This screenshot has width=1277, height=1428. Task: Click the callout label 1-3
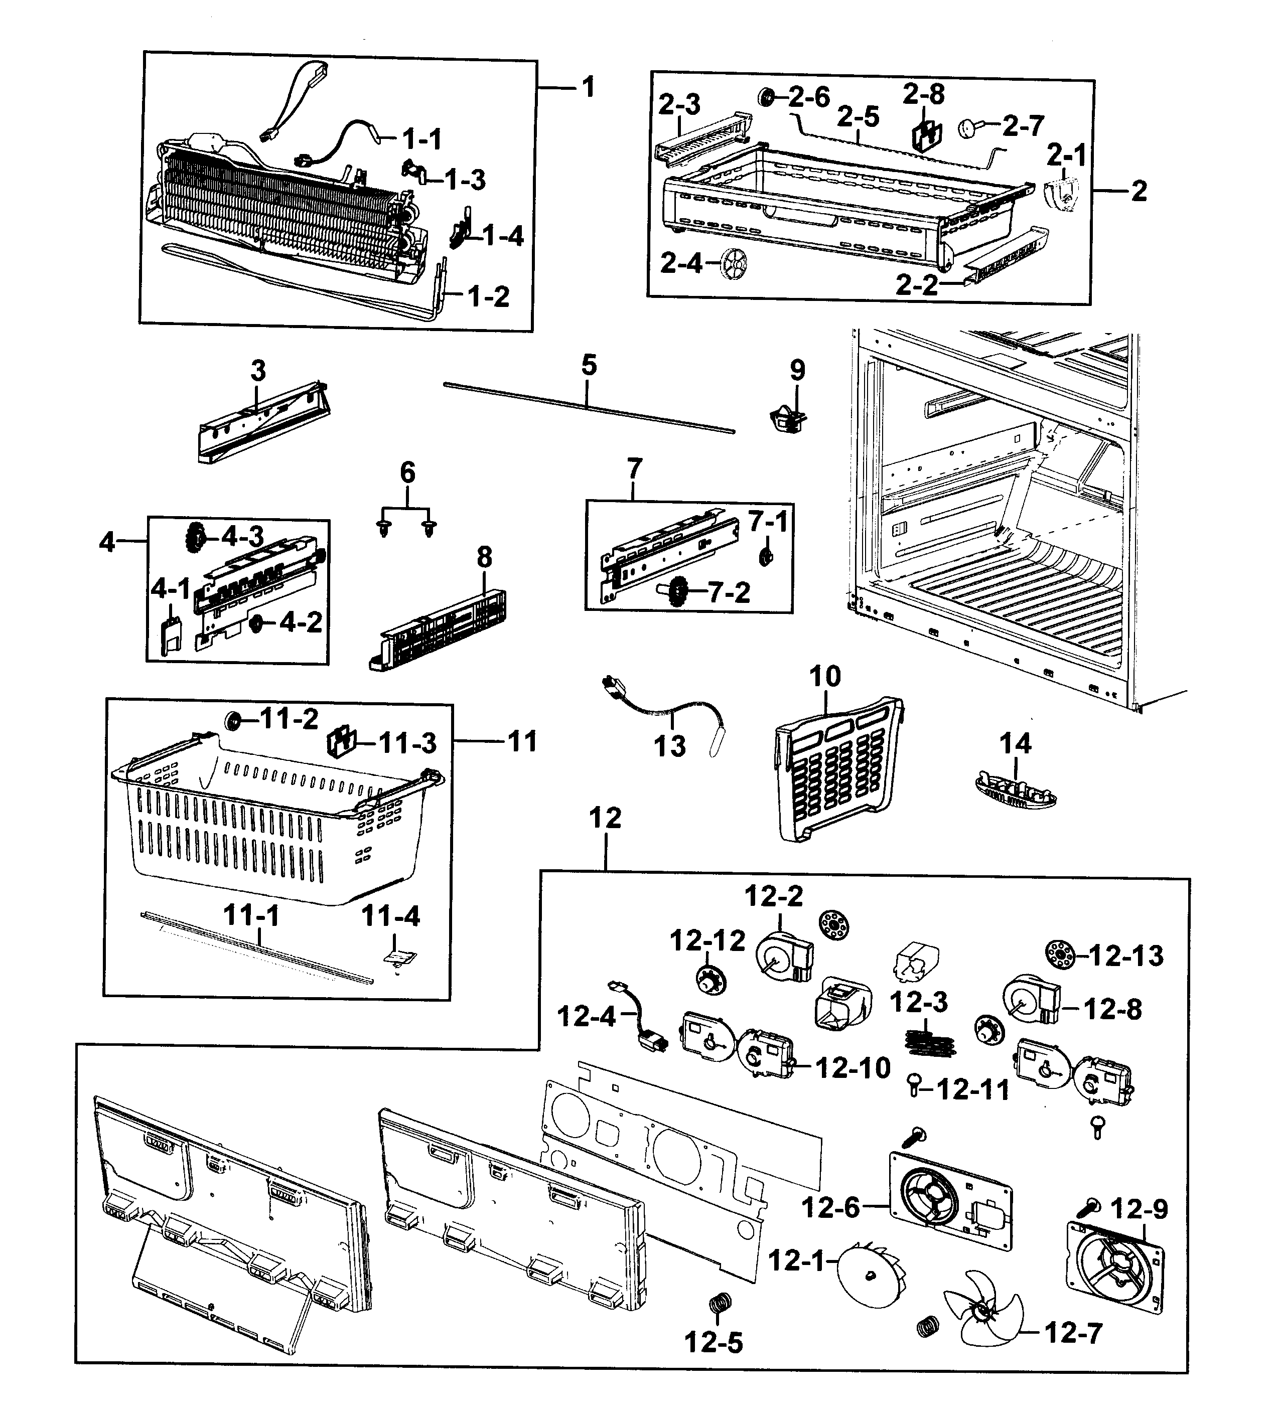point(465,180)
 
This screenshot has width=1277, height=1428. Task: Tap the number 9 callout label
point(797,370)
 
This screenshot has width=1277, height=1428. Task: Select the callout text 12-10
point(853,1068)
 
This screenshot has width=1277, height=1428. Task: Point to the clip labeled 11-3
point(342,741)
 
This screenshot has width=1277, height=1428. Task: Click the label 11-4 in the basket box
point(391,916)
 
